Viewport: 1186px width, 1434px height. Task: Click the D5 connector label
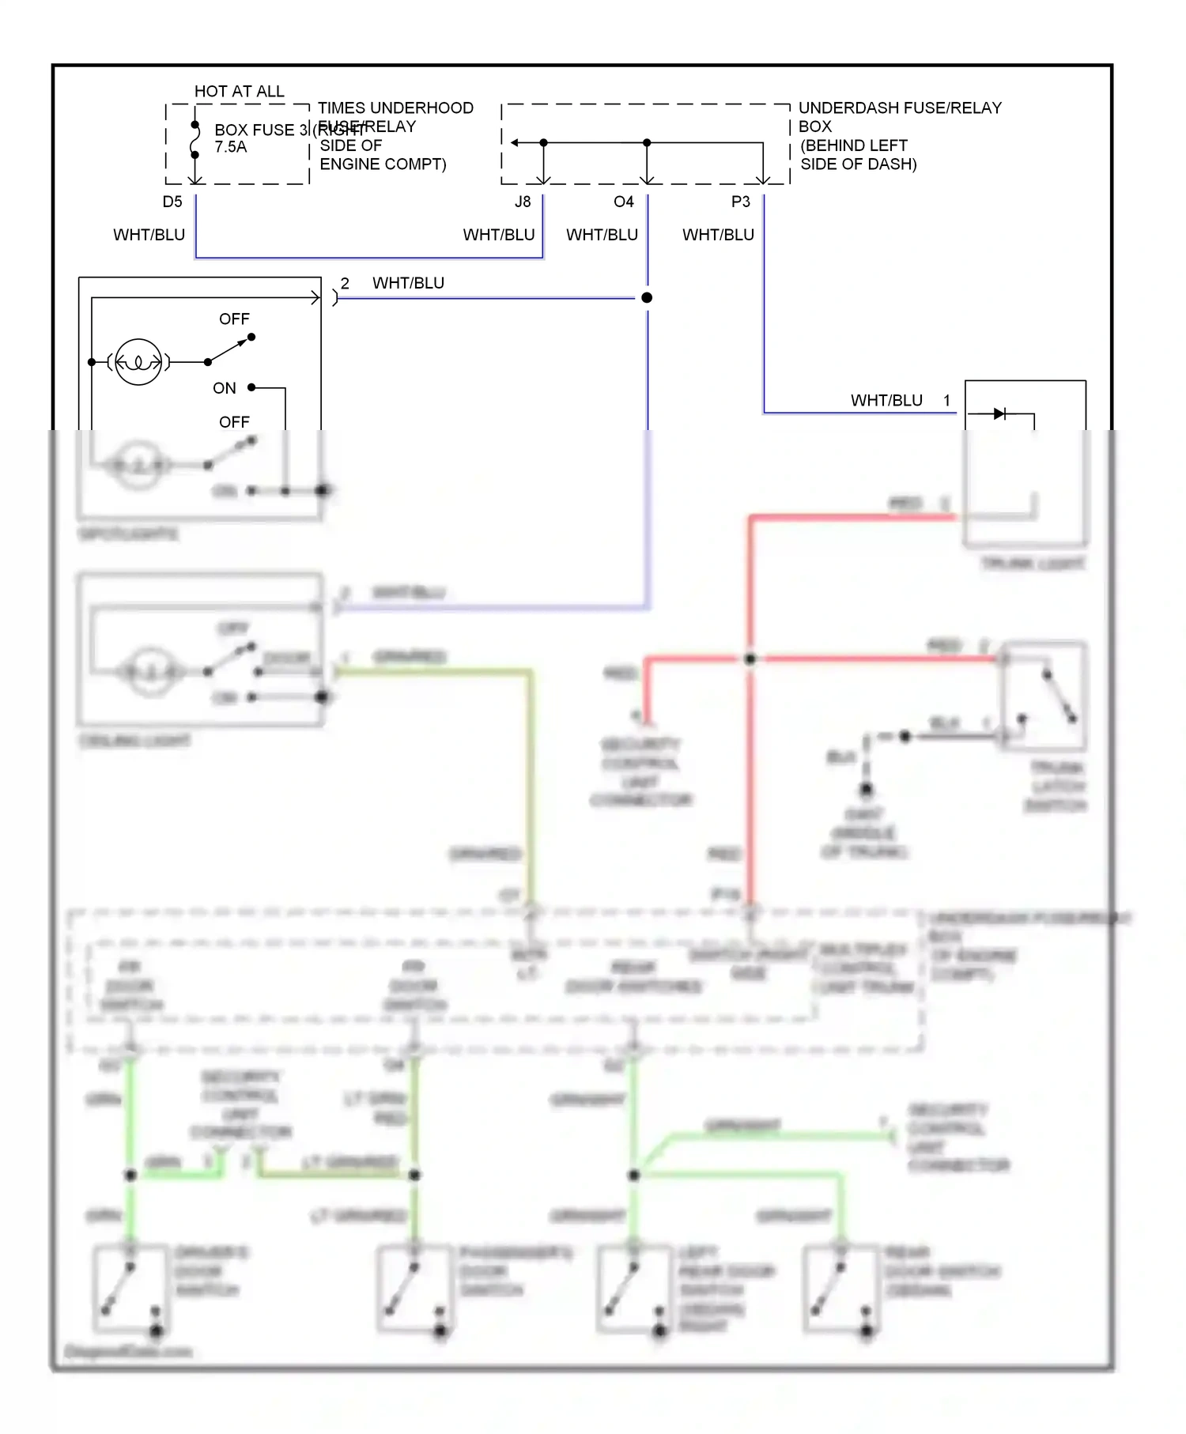172,202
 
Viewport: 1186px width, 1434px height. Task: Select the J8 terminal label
523,202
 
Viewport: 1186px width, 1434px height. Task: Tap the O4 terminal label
623,202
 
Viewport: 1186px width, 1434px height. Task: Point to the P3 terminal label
740,202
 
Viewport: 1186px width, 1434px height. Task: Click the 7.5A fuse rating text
231,147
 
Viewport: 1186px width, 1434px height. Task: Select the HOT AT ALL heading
239,92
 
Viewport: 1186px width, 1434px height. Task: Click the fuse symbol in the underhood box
195,140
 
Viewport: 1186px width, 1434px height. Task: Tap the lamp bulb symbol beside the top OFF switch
138,362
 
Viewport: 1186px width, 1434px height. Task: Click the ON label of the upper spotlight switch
225,388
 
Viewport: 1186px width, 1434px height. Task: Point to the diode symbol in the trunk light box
999,413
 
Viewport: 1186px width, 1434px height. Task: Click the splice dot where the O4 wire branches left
647,298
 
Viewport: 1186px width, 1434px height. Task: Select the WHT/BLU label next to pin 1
886,401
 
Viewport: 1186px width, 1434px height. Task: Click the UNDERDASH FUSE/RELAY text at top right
900,108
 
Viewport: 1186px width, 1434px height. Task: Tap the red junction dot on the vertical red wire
750,659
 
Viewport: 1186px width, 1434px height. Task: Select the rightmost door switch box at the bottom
841,1289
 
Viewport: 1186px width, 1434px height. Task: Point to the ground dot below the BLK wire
867,789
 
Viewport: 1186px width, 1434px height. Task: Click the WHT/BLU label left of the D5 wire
149,235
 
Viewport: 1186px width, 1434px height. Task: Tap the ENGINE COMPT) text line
383,164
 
